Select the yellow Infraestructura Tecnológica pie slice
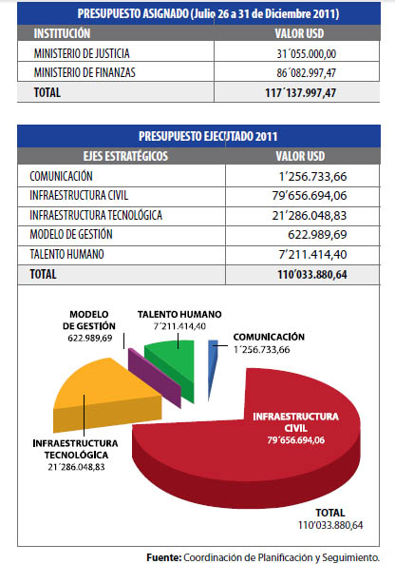coord(104,396)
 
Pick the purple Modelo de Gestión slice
coord(155,378)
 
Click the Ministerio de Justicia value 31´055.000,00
coord(307,54)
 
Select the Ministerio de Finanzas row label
coord(85,72)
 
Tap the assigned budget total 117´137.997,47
coord(301,93)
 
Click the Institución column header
coord(62,33)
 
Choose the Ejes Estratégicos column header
coord(125,156)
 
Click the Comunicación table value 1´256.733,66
coord(312,177)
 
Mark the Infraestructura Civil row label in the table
coord(79,195)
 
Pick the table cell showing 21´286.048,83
coord(310,216)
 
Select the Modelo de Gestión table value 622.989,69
coord(317,235)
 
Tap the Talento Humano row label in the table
coord(66,254)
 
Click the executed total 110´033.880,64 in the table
coord(312,275)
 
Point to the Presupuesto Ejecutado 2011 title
coord(208,136)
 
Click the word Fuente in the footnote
coord(163,557)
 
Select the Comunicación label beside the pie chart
coord(269,337)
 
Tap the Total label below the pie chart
coord(330,513)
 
